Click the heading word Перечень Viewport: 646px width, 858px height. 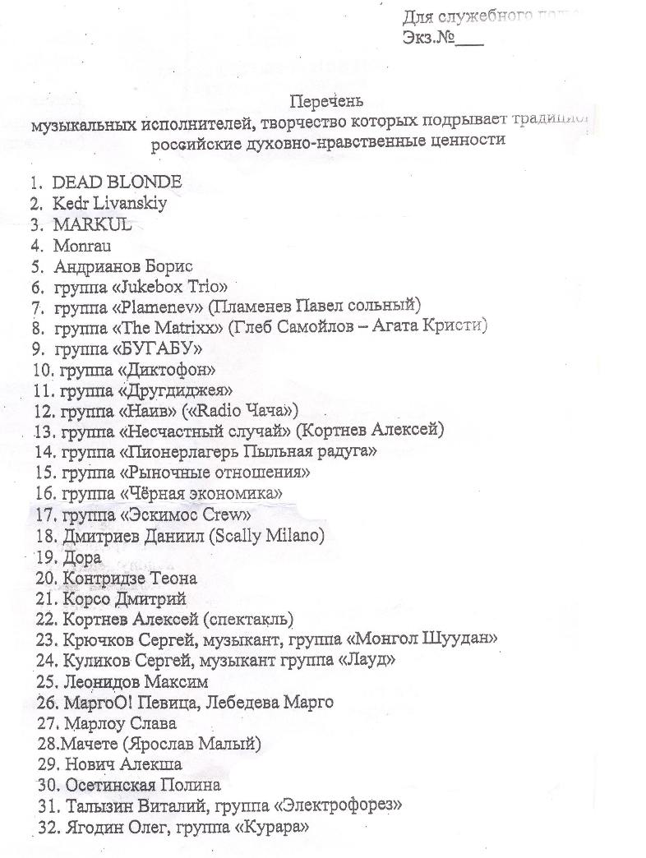[326, 101]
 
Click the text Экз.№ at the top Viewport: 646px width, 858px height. [428, 38]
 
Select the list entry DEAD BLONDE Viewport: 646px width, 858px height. [117, 182]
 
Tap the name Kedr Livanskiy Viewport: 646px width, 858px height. [109, 203]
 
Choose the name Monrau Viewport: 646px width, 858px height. [82, 245]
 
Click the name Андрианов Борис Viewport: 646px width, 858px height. [123, 266]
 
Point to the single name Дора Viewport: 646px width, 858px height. [82, 557]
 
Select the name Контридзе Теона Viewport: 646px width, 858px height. [130, 578]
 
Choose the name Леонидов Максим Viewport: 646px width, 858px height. [136, 681]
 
